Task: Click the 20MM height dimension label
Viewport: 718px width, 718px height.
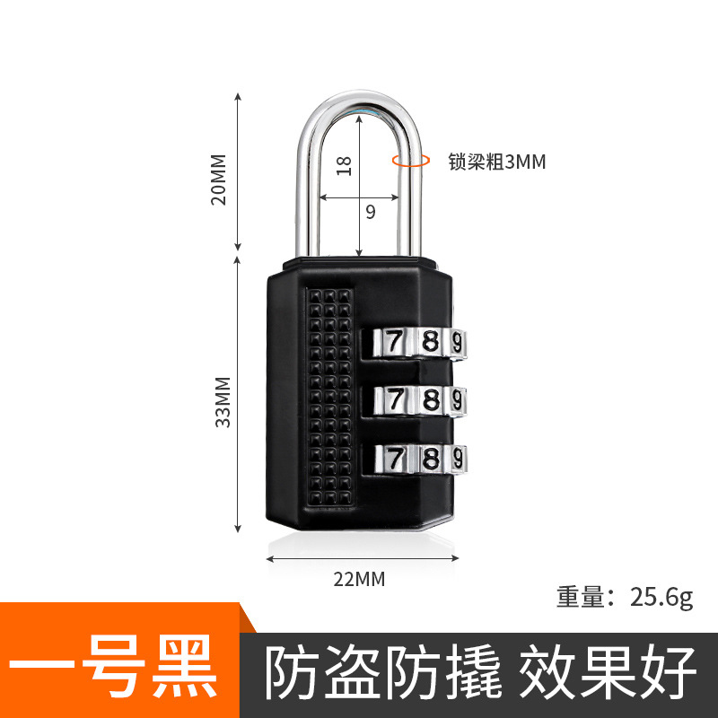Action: (x=219, y=179)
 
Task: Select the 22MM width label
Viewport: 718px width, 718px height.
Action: (x=359, y=579)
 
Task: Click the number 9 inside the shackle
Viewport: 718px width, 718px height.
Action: (x=370, y=212)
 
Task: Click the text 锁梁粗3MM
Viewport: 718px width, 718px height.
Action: (x=497, y=162)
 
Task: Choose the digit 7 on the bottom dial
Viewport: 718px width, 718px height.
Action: (x=394, y=458)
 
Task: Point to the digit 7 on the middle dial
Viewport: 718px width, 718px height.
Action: (x=394, y=398)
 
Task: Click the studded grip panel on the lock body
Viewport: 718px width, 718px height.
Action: (x=328, y=395)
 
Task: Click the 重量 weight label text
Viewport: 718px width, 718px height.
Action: (x=582, y=598)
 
